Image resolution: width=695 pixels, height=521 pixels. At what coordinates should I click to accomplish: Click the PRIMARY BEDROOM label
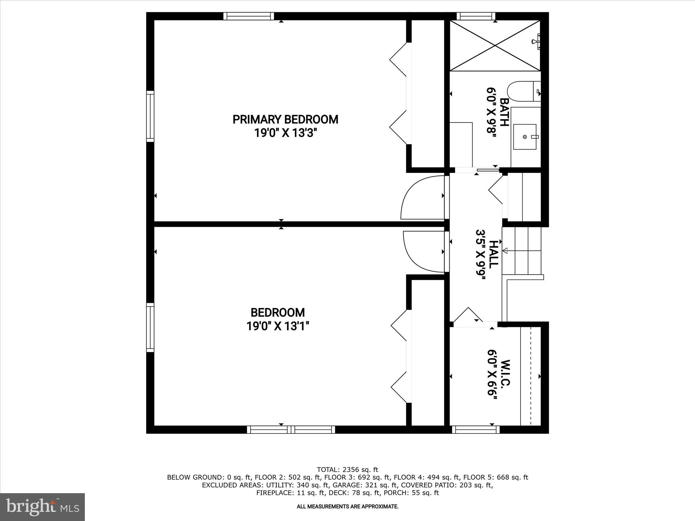coord(285,119)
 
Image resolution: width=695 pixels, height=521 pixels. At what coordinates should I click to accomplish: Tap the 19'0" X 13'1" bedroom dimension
coord(278,326)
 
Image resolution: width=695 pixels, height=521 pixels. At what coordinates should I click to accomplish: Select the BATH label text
coord(504,112)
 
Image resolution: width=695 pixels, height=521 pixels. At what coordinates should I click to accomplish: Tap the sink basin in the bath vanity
coord(525,137)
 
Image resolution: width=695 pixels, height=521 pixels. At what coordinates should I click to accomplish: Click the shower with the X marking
coord(495,45)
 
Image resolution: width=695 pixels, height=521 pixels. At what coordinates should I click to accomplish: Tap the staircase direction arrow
coord(505,251)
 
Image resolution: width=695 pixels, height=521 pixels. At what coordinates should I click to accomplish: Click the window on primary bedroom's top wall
coord(249,16)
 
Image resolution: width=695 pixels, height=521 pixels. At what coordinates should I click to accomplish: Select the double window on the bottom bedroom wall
coord(291,429)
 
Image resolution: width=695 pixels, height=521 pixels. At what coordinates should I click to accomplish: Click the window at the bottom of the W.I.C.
coord(476,429)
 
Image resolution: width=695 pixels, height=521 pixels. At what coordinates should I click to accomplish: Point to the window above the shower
coord(476,16)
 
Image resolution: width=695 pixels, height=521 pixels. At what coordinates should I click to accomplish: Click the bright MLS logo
coord(42,507)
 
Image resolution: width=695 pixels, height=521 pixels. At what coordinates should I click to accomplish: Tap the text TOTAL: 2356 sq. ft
coord(347,469)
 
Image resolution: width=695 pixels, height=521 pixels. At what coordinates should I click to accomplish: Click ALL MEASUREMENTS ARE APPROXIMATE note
coord(347,506)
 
